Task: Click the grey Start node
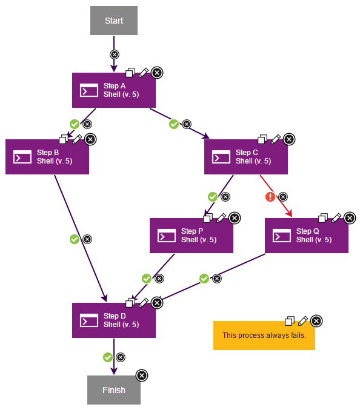point(114,21)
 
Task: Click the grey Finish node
point(114,390)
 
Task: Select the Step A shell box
point(114,90)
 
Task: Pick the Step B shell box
point(47,157)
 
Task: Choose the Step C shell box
point(246,157)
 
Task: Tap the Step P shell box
point(192,236)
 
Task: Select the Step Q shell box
point(307,236)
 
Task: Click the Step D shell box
point(114,320)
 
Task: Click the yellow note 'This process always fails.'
point(264,336)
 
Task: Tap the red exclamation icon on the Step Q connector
point(270,197)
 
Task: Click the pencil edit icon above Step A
point(144,73)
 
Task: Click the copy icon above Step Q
point(324,218)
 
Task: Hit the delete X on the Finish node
point(142,375)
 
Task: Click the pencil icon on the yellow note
point(303,321)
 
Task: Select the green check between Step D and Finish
point(108,357)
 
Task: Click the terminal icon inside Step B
point(23,157)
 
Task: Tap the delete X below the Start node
point(114,55)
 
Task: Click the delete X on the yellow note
point(316,321)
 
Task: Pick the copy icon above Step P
point(208,218)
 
